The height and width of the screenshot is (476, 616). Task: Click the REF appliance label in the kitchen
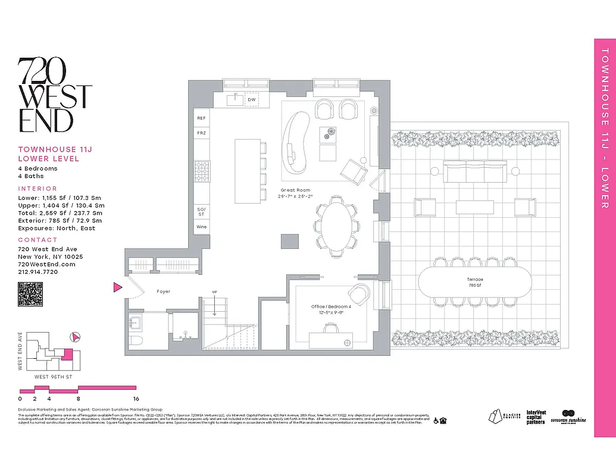[x=201, y=118]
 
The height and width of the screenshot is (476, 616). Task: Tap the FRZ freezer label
[x=201, y=133]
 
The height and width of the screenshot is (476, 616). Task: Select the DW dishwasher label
[x=252, y=100]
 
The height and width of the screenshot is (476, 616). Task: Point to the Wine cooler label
[x=201, y=227]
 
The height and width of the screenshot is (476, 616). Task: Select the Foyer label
[x=164, y=292]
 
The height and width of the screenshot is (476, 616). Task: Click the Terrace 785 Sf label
[x=475, y=282]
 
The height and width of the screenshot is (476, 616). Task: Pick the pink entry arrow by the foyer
[x=117, y=288]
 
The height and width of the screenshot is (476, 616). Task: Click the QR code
[x=30, y=295]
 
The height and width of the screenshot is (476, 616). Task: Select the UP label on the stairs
[x=214, y=292]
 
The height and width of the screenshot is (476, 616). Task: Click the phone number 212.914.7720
[x=38, y=272]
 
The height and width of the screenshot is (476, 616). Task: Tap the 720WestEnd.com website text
[x=46, y=264]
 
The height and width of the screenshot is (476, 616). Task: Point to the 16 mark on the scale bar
[x=136, y=399]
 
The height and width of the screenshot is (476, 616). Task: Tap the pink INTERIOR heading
[x=37, y=189]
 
